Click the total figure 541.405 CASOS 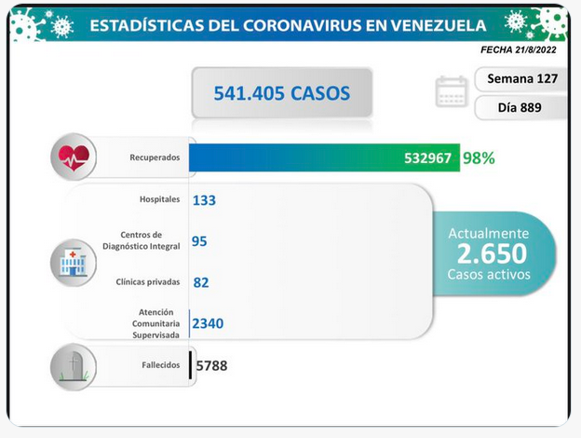point(281,93)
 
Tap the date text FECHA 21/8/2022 point(519,50)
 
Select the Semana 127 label point(522,78)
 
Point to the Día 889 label point(520,107)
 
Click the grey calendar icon point(452,91)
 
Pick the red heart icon point(74,157)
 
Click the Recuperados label point(155,157)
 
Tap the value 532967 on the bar point(427,158)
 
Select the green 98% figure point(479,158)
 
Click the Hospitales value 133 point(204,200)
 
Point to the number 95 point(199,241)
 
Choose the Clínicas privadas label point(148,281)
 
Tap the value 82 point(201,282)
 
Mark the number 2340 point(208,323)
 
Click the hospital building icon point(74,263)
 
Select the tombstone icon point(74,367)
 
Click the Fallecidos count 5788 point(211,365)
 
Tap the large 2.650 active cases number point(492,253)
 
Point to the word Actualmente point(489,233)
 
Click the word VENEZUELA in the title point(439,25)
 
